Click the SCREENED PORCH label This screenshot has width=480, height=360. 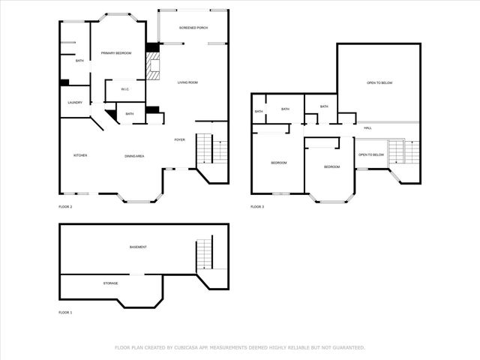193,28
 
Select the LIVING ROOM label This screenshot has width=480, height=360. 187,82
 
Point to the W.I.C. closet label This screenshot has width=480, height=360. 124,91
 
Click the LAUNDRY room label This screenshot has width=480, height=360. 75,103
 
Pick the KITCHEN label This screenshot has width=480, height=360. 80,155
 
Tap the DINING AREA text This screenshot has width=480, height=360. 135,155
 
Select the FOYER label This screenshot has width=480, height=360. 180,139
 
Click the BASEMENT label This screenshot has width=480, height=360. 138,247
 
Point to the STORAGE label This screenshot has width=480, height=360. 110,283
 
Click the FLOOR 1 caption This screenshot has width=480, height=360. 65,311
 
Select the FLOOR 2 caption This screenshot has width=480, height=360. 65,205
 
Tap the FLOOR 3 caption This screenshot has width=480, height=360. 257,205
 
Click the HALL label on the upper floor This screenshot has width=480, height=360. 367,128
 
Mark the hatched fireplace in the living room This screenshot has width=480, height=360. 154,69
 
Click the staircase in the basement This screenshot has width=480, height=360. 205,255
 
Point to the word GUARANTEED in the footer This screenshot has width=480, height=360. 348,347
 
